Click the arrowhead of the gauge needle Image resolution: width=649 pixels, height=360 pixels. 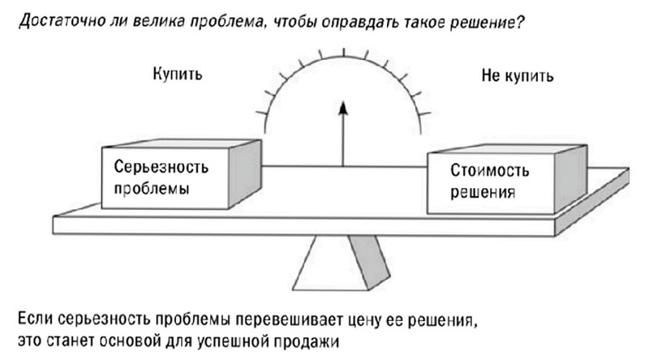[x=343, y=109]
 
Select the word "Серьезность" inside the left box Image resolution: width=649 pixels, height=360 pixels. [x=153, y=172]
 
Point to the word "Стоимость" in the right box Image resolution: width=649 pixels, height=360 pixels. [x=490, y=173]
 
